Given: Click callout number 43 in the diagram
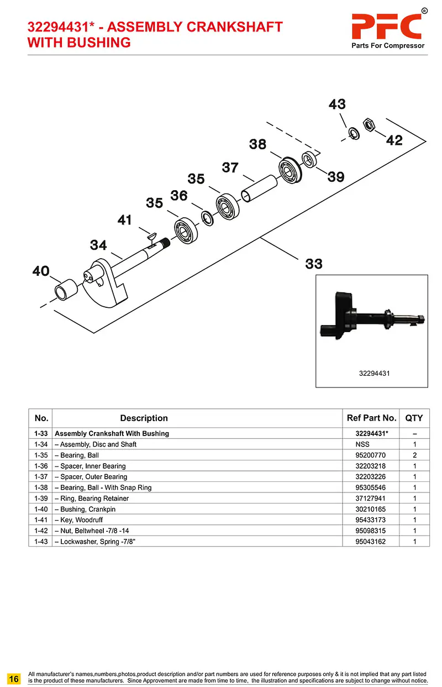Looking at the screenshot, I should (x=337, y=104).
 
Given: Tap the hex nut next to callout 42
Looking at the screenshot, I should (x=369, y=123).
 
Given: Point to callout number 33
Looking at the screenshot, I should (x=314, y=264).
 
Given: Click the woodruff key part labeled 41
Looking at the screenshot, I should (x=150, y=236).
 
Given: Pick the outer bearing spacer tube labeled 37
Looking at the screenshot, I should (x=260, y=190).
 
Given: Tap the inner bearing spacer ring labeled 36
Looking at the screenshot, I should (x=206, y=218).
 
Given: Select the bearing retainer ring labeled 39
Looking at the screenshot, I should (x=309, y=159).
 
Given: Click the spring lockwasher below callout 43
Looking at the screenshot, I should (x=352, y=133).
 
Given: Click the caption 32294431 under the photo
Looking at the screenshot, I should (x=374, y=373).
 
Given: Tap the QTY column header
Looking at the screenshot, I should (x=414, y=418).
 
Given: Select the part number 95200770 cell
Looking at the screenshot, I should (x=370, y=455).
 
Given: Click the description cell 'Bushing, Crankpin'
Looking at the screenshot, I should (x=88, y=509).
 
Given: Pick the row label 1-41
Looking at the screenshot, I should (x=40, y=520).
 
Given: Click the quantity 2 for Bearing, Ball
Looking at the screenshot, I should (x=414, y=455).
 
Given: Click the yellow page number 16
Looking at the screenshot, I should (x=14, y=678).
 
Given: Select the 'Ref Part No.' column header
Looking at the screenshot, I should (x=371, y=418).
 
